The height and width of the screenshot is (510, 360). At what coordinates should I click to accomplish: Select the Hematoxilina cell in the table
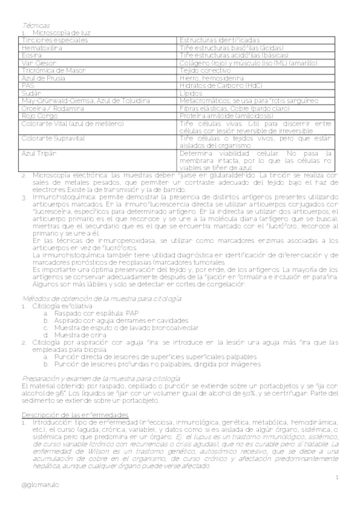42,48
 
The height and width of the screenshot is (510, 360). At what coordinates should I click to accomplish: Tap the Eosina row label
31,55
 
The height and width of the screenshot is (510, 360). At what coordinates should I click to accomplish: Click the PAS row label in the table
28,85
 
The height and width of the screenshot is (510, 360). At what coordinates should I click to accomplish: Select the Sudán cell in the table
31,93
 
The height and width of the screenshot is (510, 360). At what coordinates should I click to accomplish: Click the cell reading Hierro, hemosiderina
212,78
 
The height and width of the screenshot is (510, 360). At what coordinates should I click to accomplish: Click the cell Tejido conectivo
206,70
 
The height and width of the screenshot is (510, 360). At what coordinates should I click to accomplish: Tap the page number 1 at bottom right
338,478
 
